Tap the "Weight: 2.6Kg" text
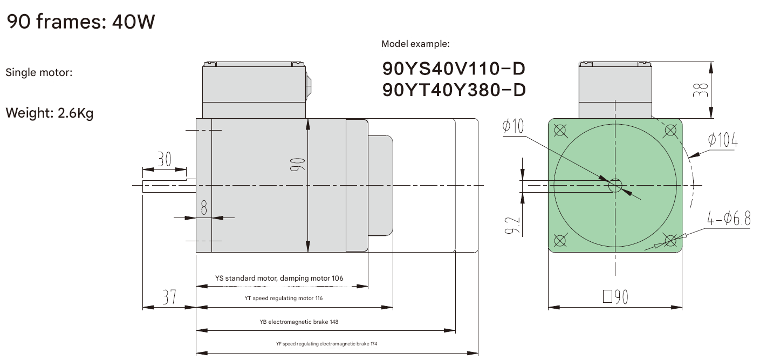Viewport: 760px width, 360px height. [x=49, y=114]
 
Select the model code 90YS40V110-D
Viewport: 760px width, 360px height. [x=453, y=69]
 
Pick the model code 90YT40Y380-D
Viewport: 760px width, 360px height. [x=453, y=90]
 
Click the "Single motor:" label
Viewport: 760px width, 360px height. [x=39, y=72]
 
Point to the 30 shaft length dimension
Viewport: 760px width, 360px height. [x=164, y=159]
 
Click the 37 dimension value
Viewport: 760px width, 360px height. [x=169, y=297]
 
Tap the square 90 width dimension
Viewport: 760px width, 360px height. [x=615, y=297]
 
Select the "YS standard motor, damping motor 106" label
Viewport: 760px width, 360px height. [x=279, y=279]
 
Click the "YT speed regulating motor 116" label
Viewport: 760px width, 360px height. [x=284, y=298]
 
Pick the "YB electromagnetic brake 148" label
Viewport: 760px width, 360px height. [x=299, y=322]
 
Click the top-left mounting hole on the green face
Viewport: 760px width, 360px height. [x=560, y=130]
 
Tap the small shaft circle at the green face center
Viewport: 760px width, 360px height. [x=615, y=186]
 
